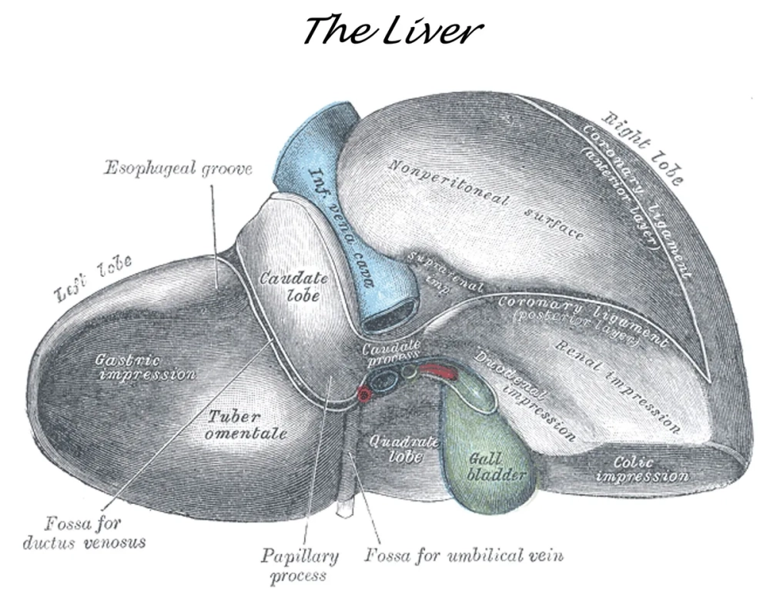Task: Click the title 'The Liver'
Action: coord(393,31)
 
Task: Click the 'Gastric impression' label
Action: coord(145,367)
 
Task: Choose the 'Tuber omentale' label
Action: coord(247,425)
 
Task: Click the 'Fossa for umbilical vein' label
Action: coord(469,554)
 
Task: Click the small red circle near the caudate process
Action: coord(364,395)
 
